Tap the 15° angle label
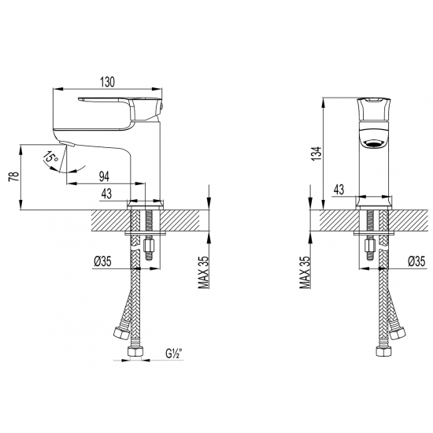pos(50,160)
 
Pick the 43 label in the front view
pos(340,189)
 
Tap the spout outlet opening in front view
pos(374,142)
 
